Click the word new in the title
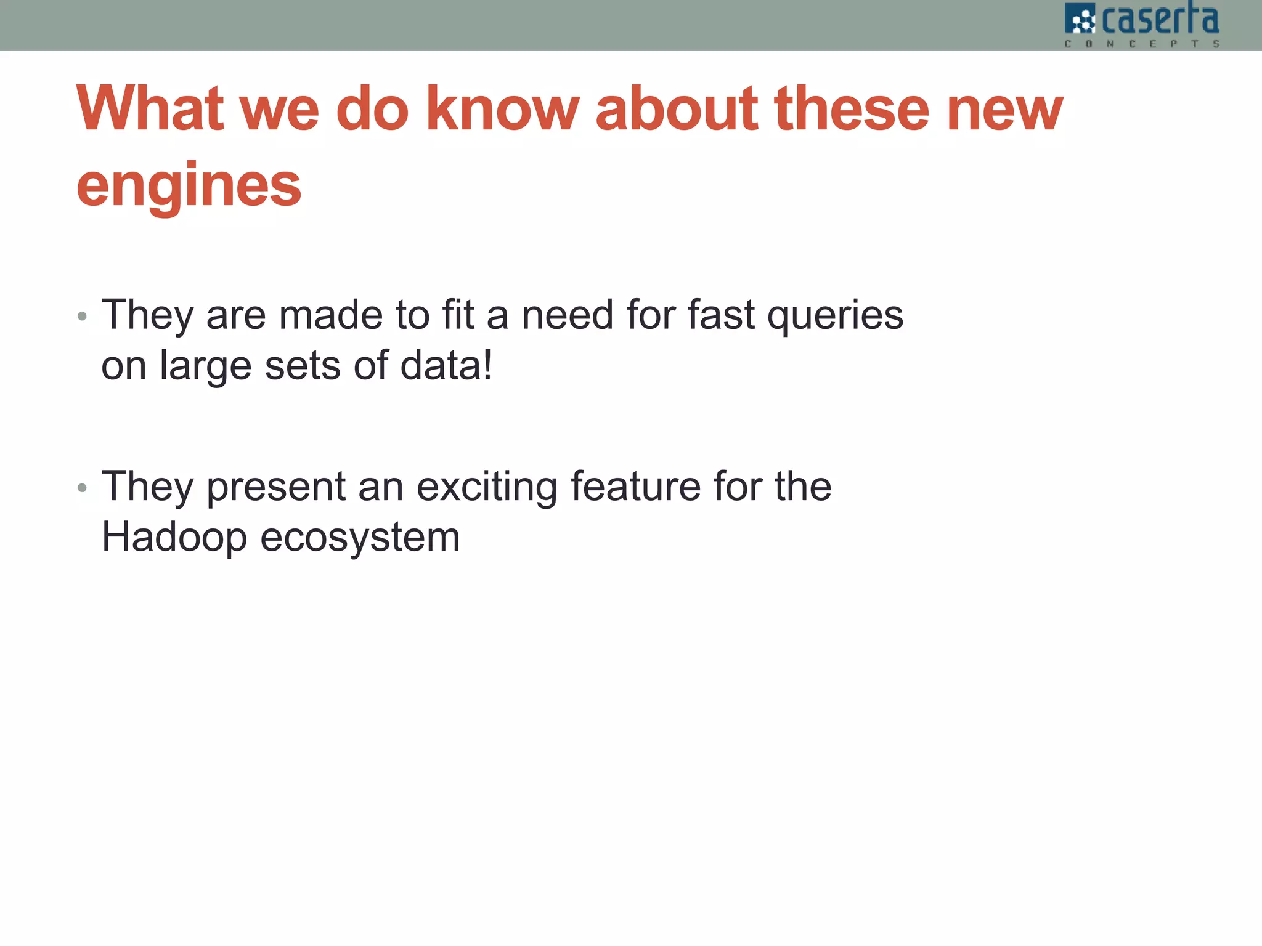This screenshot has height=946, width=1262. coord(1004,110)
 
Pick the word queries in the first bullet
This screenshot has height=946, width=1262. coord(835,316)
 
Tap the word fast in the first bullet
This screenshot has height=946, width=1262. coord(720,315)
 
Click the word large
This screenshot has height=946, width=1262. coord(205,367)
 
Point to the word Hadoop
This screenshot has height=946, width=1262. coord(174,538)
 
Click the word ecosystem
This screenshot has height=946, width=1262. coord(360,538)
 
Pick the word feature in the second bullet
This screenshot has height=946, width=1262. coord(635,486)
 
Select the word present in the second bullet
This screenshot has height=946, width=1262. coord(275,487)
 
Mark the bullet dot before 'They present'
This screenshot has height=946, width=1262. coord(83,489)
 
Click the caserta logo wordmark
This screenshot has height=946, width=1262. coord(1160,20)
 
